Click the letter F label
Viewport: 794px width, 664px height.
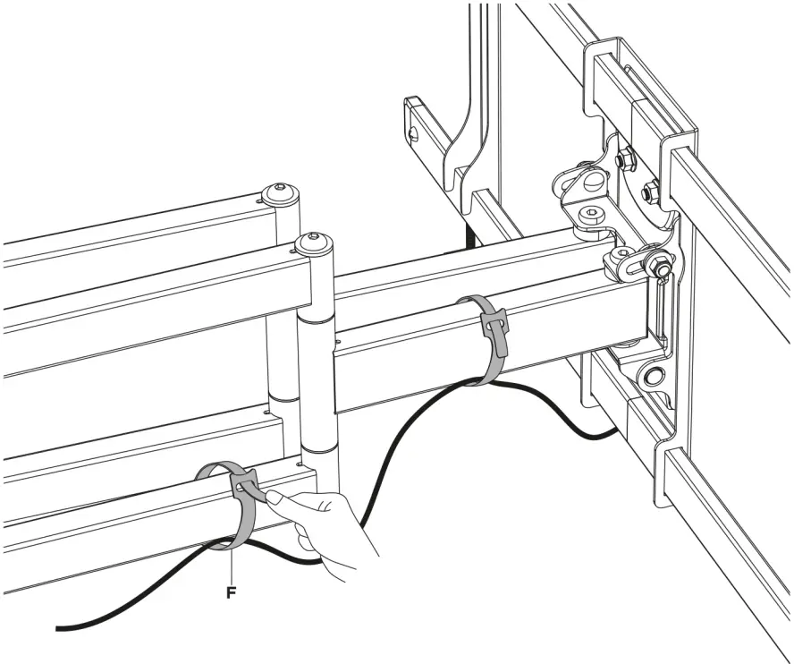231,592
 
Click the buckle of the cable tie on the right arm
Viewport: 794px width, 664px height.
493,319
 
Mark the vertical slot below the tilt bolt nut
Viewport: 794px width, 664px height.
662,304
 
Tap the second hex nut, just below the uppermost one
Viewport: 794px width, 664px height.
649,190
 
